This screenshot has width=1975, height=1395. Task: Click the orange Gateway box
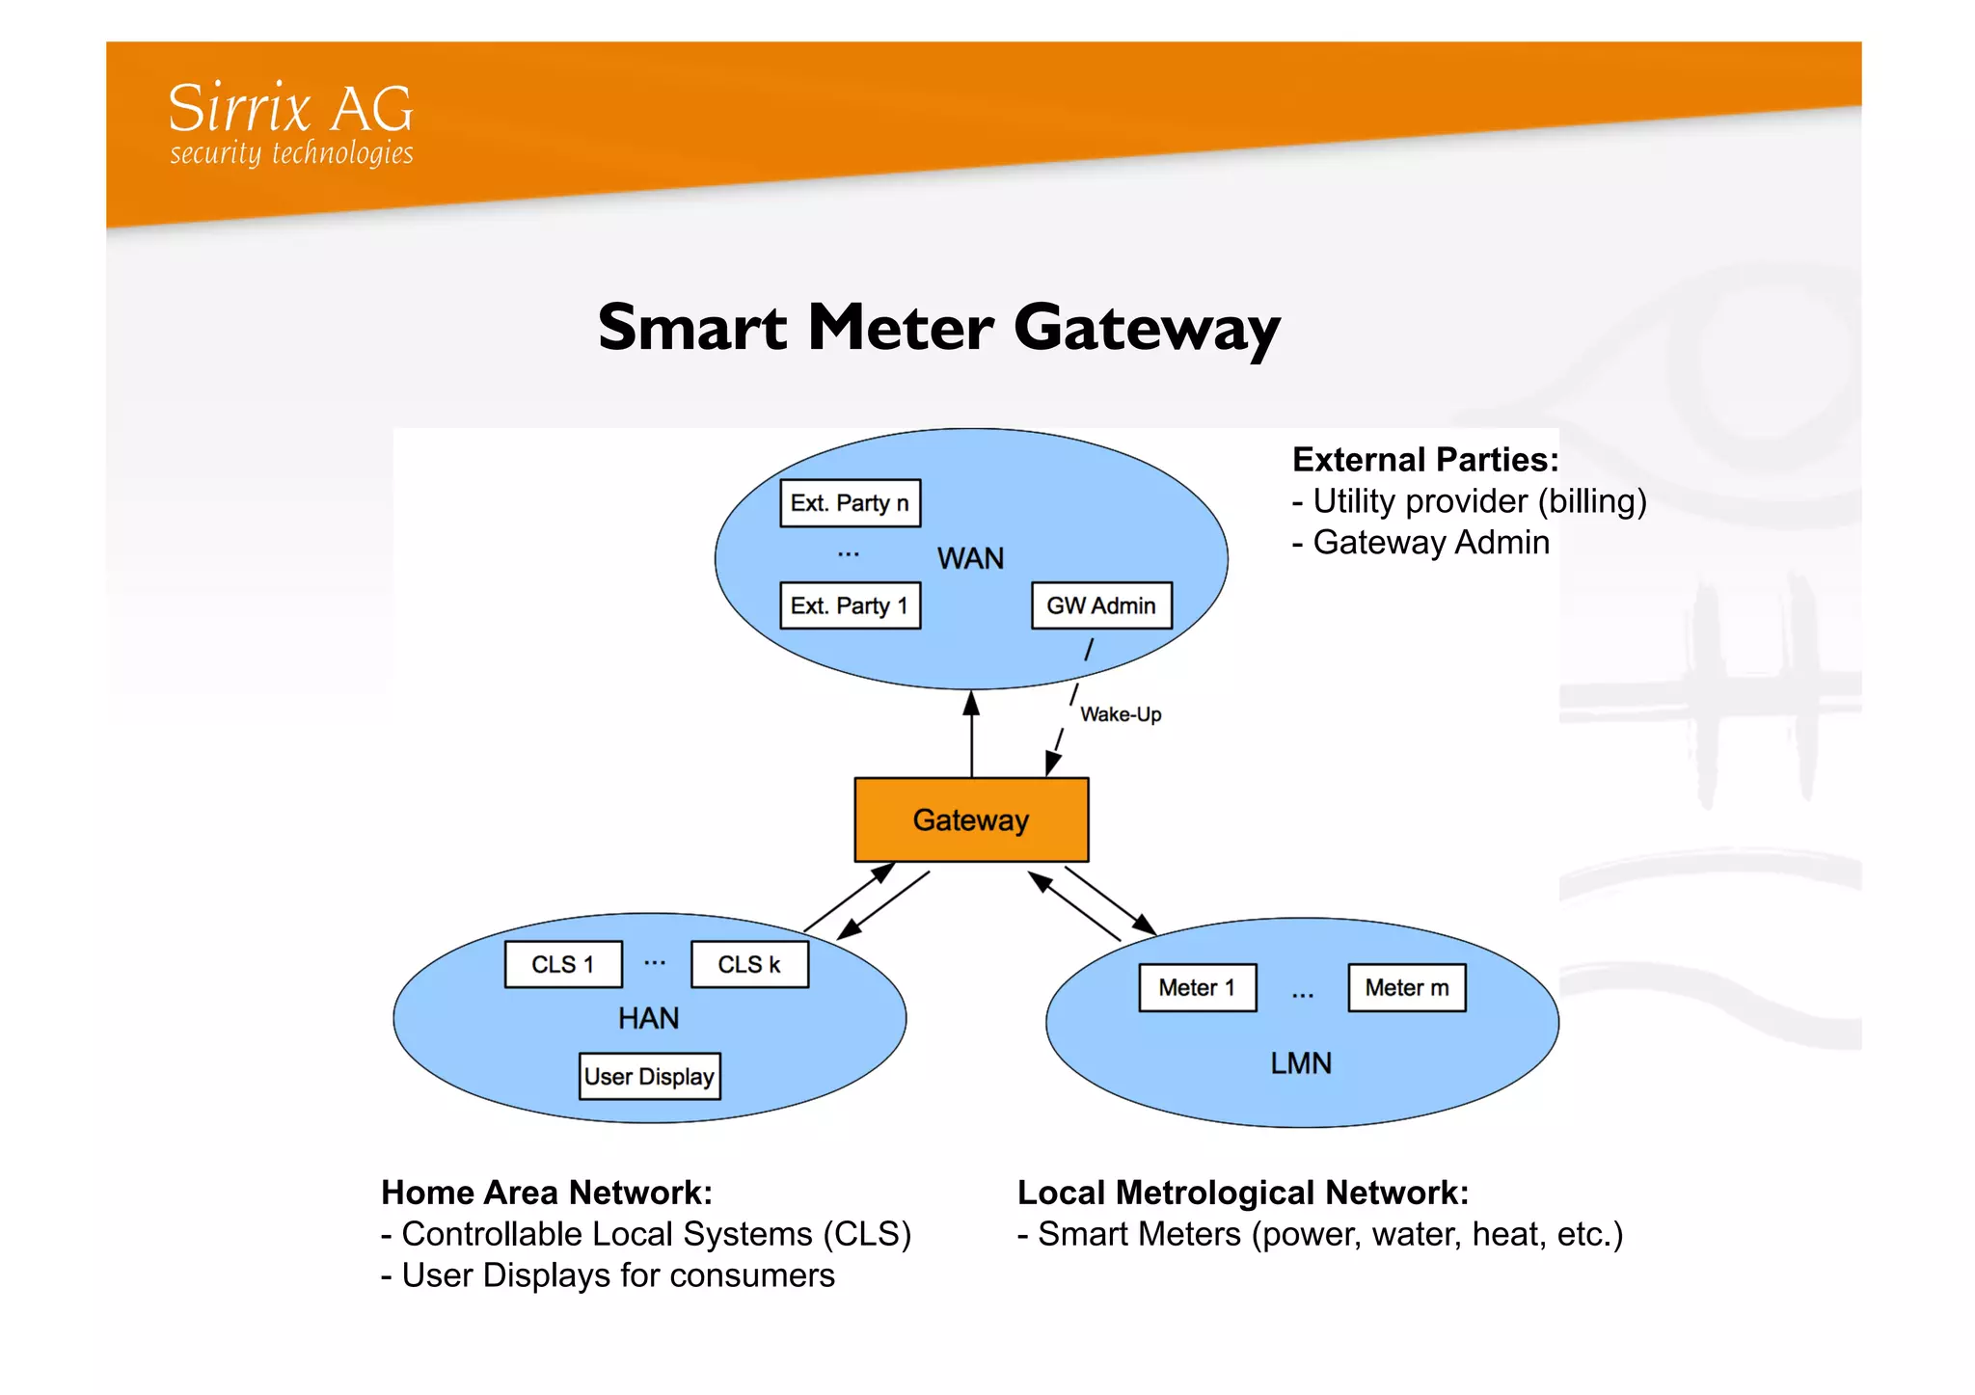[971, 819]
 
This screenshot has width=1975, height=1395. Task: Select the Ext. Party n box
[850, 503]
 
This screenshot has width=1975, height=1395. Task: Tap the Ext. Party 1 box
[850, 605]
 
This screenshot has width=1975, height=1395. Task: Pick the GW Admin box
[1101, 605]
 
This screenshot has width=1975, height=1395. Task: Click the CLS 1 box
[563, 964]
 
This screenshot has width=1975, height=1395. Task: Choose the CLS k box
[749, 964]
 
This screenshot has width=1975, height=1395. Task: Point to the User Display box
[649, 1076]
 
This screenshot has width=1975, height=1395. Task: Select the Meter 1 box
[1197, 987]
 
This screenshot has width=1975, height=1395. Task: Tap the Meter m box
[1406, 987]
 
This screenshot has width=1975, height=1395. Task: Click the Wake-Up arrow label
[1121, 714]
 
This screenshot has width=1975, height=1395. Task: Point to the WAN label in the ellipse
[970, 558]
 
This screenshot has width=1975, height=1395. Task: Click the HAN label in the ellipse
[648, 1018]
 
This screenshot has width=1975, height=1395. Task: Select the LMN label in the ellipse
[1301, 1062]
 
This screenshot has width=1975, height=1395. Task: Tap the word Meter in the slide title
[901, 328]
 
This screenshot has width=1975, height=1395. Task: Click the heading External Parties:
[1425, 460]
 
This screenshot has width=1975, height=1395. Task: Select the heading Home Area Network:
[547, 1193]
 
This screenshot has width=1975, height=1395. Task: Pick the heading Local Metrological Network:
[1243, 1193]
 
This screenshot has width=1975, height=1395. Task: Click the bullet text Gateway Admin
[1431, 543]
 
